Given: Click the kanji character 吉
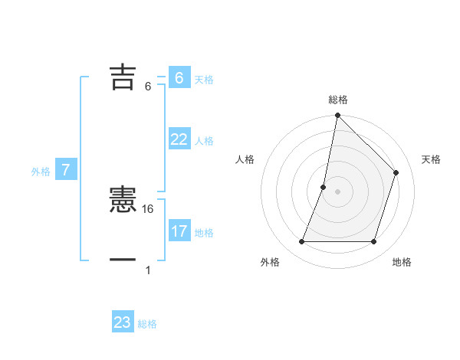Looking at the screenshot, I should [123, 77].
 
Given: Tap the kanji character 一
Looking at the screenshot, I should [123, 260].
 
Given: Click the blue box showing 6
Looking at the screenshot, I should [179, 78].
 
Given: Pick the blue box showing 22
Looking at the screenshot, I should [179, 139].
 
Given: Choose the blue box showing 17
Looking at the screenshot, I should [179, 231].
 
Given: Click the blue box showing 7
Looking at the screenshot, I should [66, 170].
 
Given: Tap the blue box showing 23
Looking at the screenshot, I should [123, 322].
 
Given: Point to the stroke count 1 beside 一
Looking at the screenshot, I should [148, 270].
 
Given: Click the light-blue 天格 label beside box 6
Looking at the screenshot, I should [204, 80].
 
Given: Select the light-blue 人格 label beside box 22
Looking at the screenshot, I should [204, 141].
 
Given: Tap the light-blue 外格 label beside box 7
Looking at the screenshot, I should [41, 172].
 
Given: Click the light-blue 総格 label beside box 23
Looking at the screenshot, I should [147, 324].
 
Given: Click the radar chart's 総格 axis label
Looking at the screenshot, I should [338, 100].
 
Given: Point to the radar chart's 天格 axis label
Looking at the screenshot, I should [431, 159].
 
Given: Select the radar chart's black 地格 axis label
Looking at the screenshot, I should [402, 262].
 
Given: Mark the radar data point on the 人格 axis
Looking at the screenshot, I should [324, 187].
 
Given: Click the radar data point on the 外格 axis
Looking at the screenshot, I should [302, 242].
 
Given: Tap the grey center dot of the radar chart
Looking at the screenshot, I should [338, 191].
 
